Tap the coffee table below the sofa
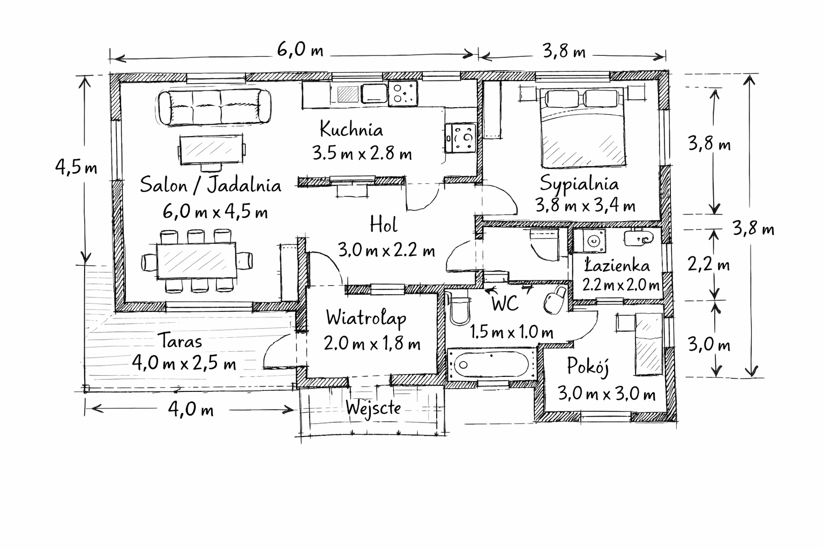pos(212,150)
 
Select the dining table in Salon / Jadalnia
pos(197,261)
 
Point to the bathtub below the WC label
pos(491,364)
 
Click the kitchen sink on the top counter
pos(374,93)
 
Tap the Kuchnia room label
pos(351,129)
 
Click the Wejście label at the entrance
pos(373,407)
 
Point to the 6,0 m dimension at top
pos(300,49)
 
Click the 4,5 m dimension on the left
pos(76,167)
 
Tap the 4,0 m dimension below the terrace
pos(191,409)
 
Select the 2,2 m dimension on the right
pos(709,264)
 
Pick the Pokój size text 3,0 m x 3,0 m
pos(607,394)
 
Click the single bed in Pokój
pos(649,344)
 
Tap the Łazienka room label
pos(617,265)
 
